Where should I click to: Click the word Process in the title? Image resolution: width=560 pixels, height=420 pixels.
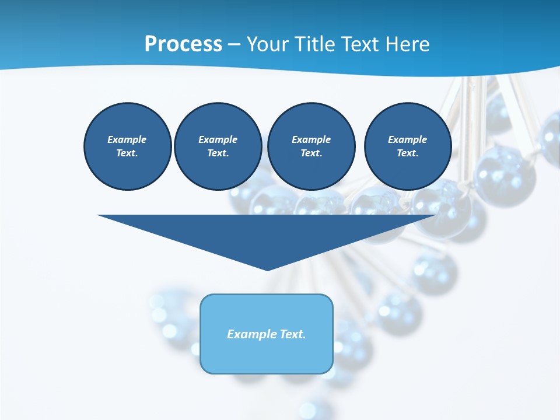(x=183, y=44)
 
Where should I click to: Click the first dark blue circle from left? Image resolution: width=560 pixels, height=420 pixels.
(x=127, y=146)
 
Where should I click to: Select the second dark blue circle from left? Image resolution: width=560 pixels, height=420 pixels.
(x=218, y=146)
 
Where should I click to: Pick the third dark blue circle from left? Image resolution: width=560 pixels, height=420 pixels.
(x=311, y=146)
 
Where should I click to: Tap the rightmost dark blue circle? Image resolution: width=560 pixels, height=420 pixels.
(x=407, y=146)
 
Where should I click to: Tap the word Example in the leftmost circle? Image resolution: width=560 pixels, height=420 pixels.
(x=127, y=139)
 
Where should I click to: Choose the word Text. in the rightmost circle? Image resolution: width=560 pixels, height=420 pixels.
(x=407, y=153)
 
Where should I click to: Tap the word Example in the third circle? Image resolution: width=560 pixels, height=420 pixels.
(x=311, y=139)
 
